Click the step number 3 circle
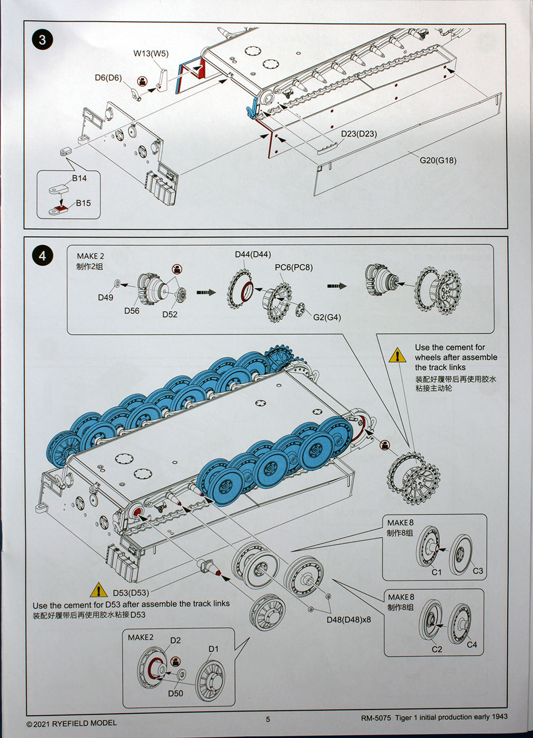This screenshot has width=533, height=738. [43, 40]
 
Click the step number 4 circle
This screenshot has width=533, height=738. [43, 256]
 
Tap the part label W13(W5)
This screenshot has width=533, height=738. [151, 53]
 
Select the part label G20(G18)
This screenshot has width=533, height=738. [438, 160]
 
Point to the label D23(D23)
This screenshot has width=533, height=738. [359, 134]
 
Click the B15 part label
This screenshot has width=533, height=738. [83, 203]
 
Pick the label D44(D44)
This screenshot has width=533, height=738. [253, 255]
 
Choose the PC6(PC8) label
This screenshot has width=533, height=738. [293, 267]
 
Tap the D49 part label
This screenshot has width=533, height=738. [105, 297]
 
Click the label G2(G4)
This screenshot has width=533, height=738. [327, 317]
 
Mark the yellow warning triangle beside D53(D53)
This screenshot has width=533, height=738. [98, 590]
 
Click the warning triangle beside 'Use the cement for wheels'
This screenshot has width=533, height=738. [397, 356]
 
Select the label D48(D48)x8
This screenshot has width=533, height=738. [349, 619]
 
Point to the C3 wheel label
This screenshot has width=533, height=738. [478, 571]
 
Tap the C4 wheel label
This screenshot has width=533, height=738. [472, 644]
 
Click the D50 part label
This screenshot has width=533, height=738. [175, 693]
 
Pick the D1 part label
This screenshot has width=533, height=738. [213, 649]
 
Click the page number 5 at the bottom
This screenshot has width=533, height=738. [268, 719]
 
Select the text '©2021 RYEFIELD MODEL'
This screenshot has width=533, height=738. [72, 723]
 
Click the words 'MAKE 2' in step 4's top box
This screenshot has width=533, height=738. [91, 256]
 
